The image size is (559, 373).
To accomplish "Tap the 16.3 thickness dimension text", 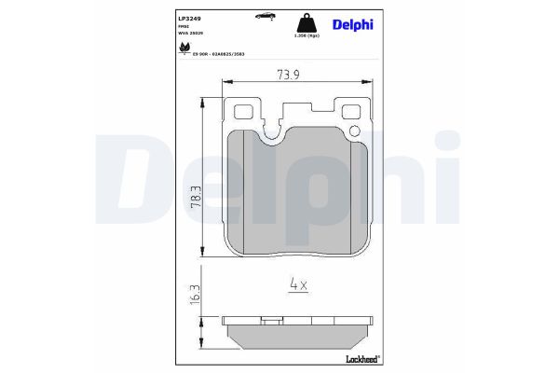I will [192, 297].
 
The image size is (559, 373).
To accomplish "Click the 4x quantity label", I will [296, 284].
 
